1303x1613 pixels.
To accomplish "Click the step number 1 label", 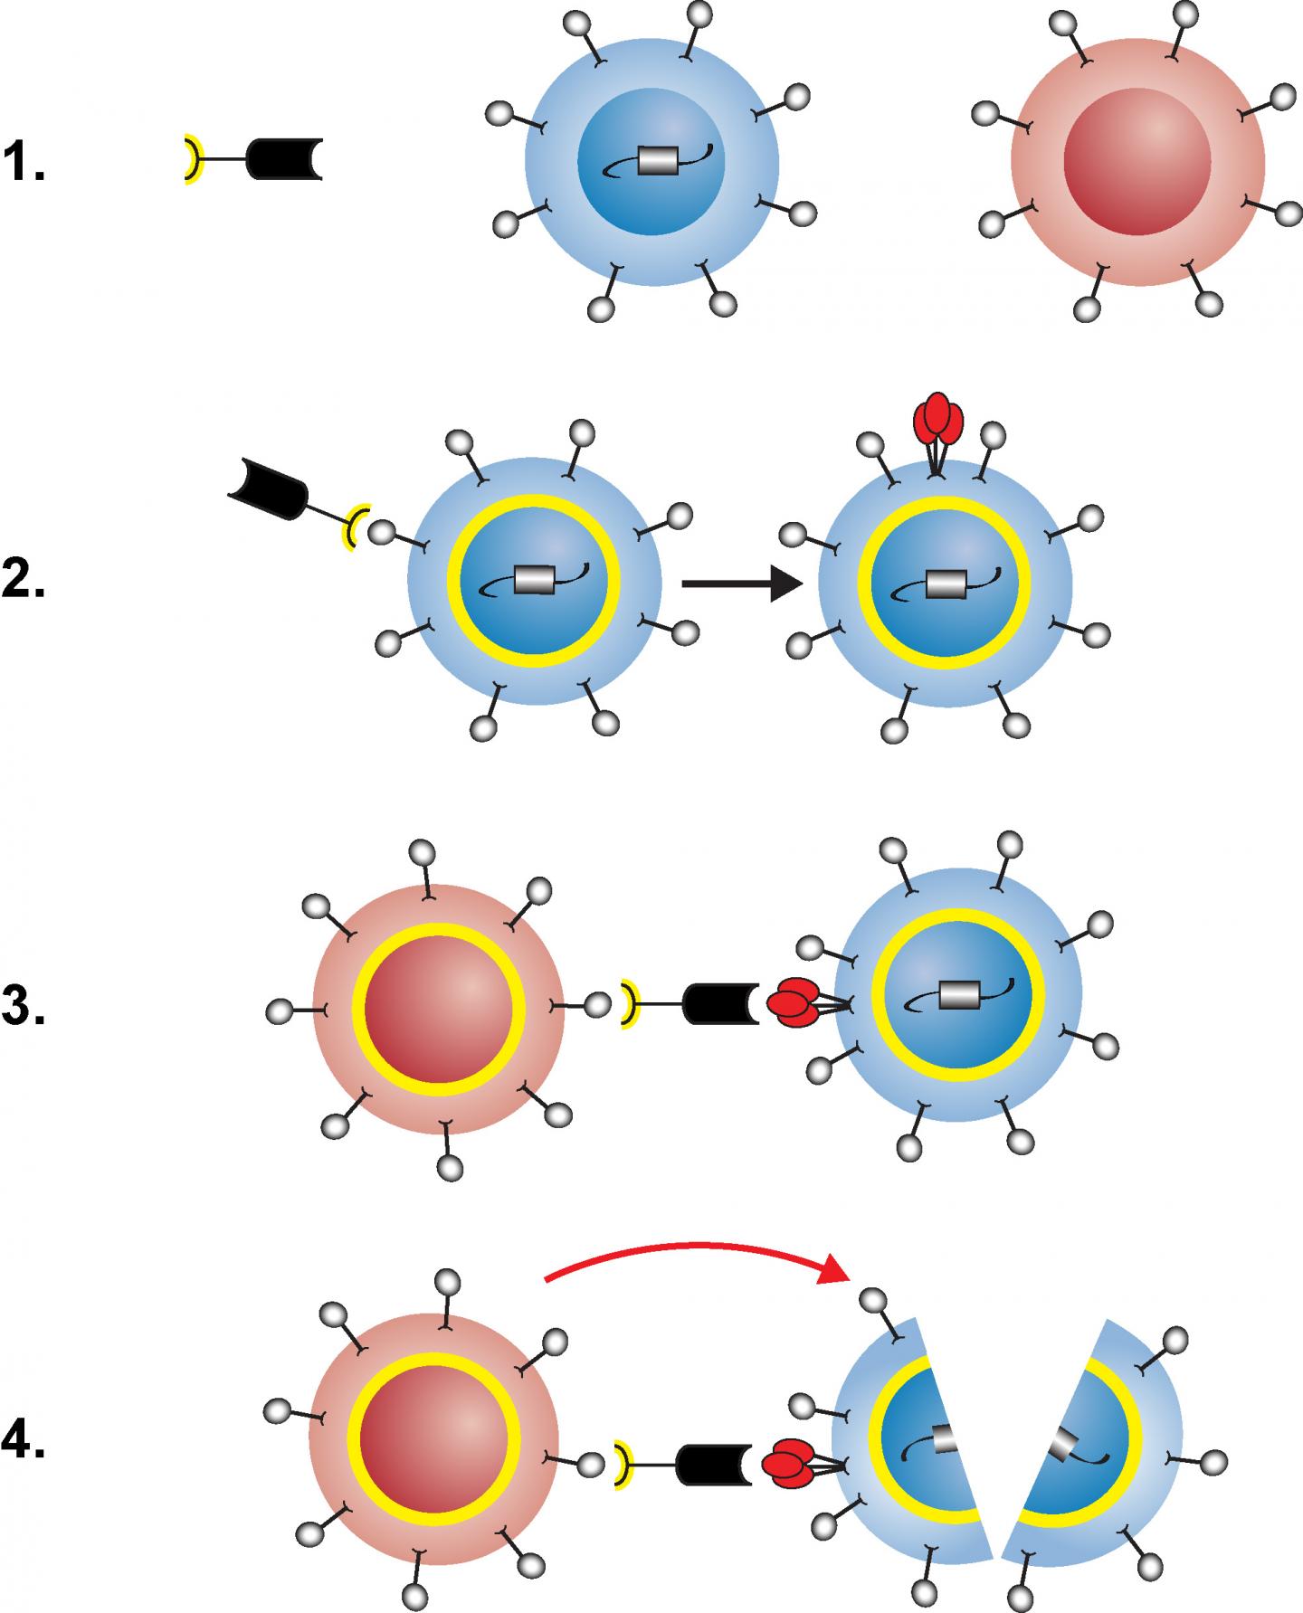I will coord(24,162).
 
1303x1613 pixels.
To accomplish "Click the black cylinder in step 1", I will coord(282,159).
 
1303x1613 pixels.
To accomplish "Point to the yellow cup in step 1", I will coord(190,159).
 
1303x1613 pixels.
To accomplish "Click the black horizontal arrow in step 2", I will coord(740,585).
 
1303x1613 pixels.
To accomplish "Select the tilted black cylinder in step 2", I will coord(270,489).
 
